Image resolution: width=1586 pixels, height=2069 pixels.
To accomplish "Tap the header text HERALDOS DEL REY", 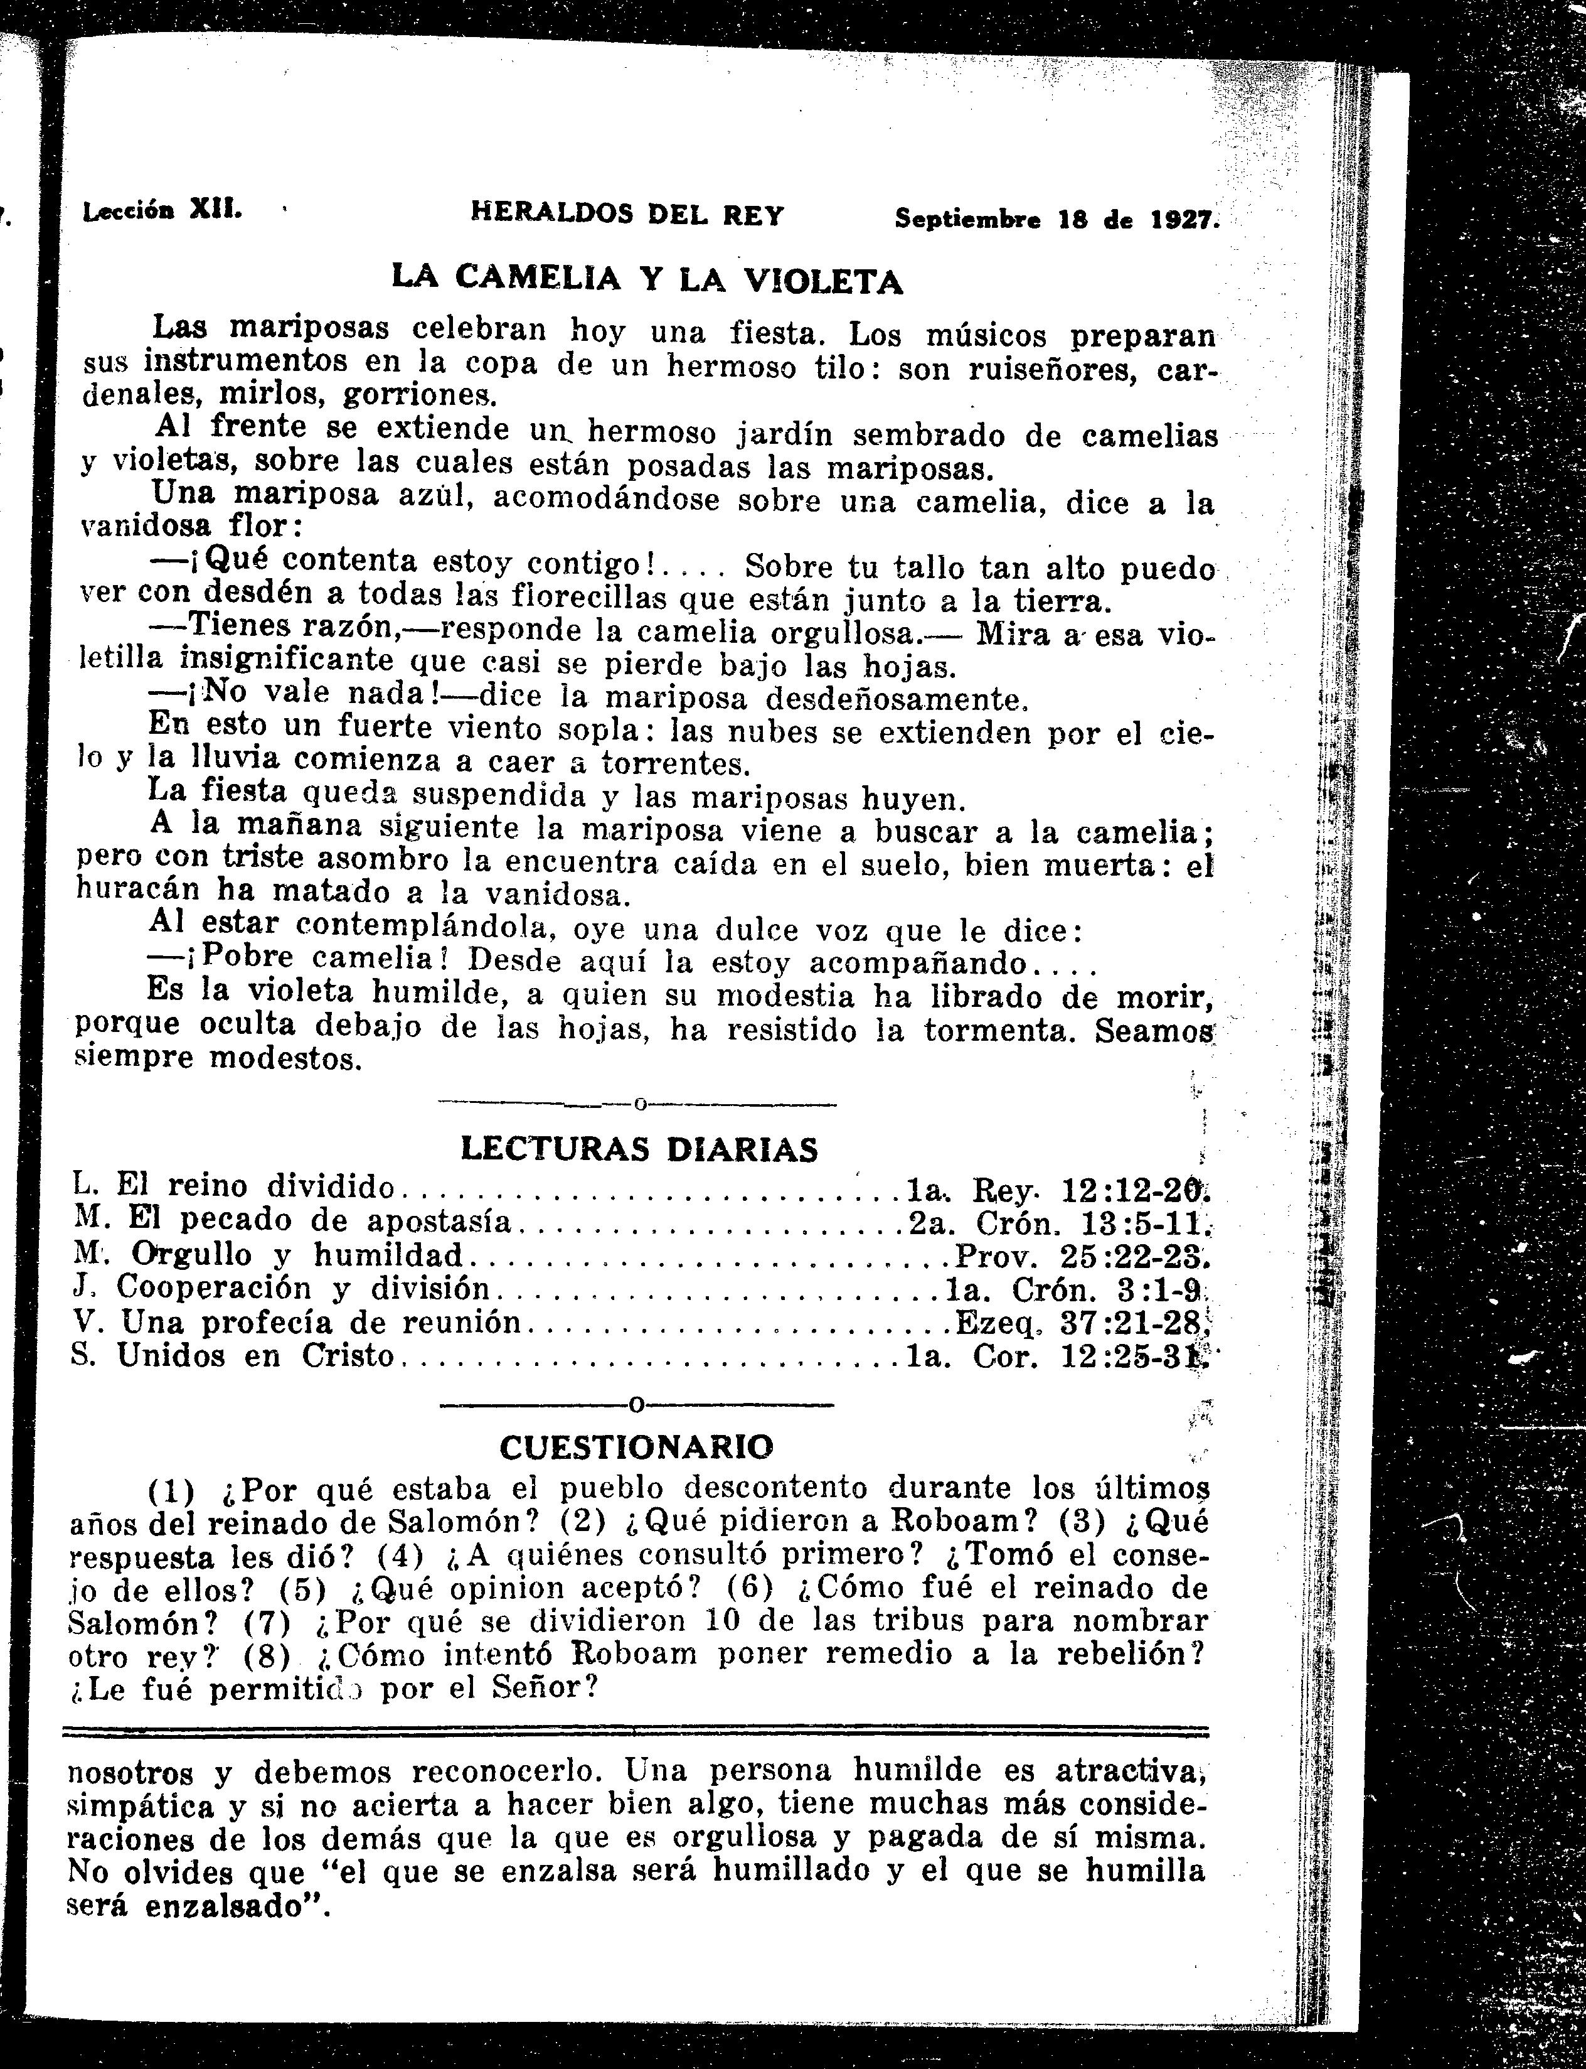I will (x=627, y=215).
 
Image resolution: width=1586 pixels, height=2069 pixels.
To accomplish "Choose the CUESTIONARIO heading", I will (x=636, y=1447).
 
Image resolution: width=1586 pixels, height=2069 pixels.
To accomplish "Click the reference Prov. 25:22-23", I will (x=1081, y=1256).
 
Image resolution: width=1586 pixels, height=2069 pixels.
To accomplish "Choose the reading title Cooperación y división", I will (x=302, y=1289).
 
